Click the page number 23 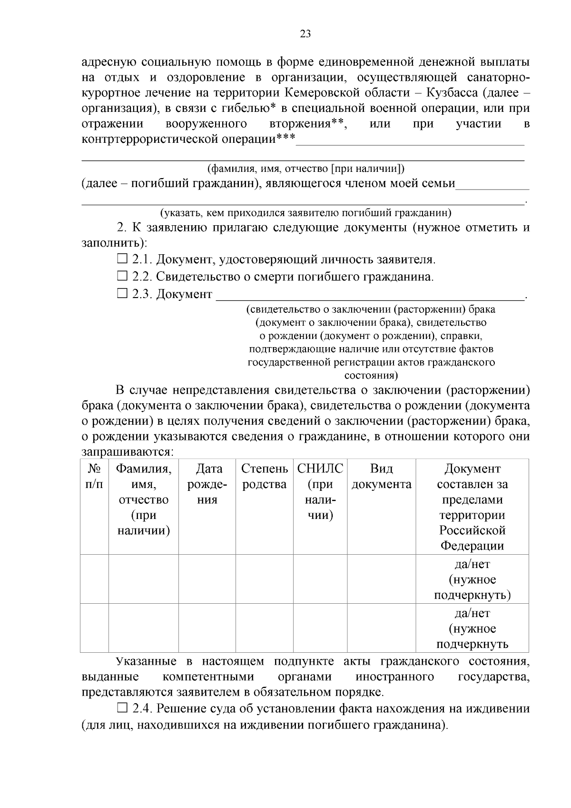(x=305, y=34)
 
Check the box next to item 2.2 (x=122, y=276)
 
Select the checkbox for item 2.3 (x=122, y=294)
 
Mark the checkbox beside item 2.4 (x=122, y=708)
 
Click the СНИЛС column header (x=320, y=492)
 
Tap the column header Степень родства (x=264, y=477)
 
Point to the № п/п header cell (x=94, y=477)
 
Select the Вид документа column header (x=381, y=477)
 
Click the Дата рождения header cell (x=207, y=484)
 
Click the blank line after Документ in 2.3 (x=370, y=295)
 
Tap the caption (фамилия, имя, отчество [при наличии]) (x=305, y=169)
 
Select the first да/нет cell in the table (x=472, y=579)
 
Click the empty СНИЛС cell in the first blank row (x=320, y=579)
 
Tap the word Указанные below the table (x=146, y=661)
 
